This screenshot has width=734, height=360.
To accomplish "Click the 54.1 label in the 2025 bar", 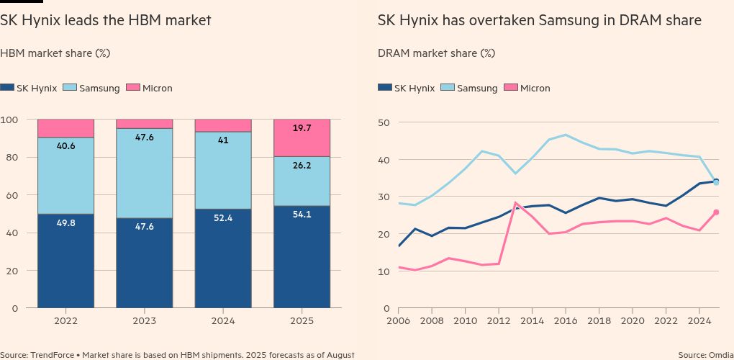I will pyautogui.click(x=302, y=215).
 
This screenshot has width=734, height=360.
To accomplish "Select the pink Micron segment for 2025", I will pyautogui.click(x=302, y=138).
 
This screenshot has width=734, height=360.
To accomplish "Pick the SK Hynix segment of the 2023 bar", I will pyautogui.click(x=144, y=263).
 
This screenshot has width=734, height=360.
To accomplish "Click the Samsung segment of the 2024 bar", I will pyautogui.click(x=223, y=171).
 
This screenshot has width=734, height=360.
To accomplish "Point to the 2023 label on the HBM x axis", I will pyautogui.click(x=144, y=320).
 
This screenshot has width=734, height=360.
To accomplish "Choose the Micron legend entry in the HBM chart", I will pyautogui.click(x=149, y=88).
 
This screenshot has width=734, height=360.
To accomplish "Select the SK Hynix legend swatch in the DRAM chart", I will pyautogui.click(x=385, y=88).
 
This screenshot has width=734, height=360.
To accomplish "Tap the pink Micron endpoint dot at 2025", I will pyautogui.click(x=716, y=212).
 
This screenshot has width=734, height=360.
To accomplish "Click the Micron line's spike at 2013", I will pyautogui.click(x=516, y=203).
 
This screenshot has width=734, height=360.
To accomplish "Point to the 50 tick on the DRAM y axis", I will pyautogui.click(x=384, y=122).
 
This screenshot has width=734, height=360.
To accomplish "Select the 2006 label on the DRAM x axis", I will pyautogui.click(x=399, y=320).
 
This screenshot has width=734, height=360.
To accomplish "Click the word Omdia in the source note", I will pyautogui.click(x=720, y=354).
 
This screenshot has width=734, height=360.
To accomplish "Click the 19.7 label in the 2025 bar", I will pyautogui.click(x=302, y=128).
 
